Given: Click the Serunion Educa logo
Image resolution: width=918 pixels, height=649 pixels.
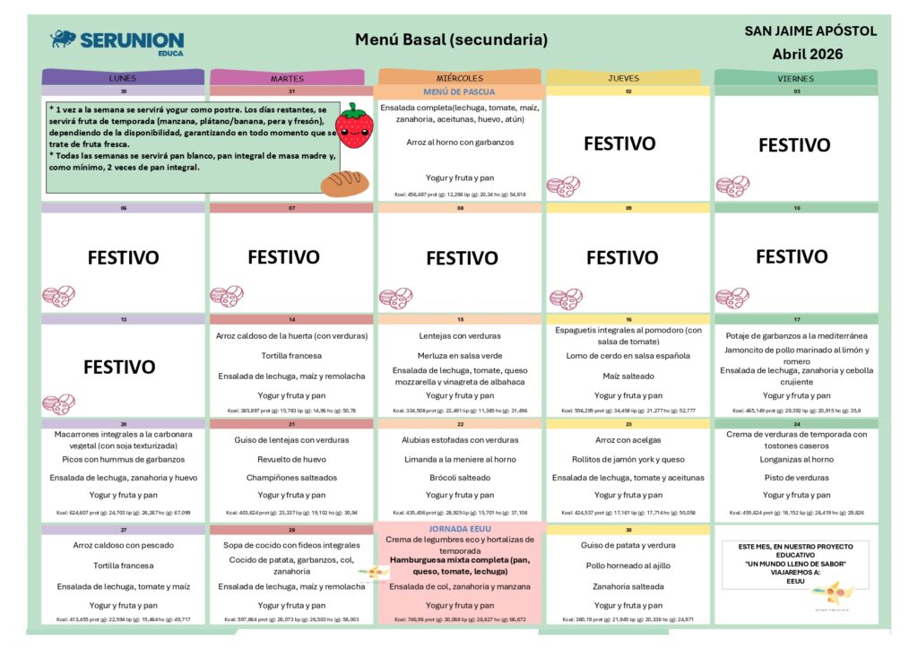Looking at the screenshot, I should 117,41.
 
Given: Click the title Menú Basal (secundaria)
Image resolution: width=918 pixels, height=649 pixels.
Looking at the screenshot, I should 451,39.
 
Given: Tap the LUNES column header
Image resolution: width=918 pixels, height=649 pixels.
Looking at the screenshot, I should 123,78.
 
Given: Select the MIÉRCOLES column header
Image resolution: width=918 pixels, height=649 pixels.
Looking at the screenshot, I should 459,78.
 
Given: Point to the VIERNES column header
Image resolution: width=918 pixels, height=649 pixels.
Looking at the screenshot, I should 795,78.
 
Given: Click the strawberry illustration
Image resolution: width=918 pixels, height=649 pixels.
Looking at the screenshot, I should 356,125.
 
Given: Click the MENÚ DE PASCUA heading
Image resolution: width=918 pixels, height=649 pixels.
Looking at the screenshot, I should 459,91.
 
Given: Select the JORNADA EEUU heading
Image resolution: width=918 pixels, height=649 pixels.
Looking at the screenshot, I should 459,529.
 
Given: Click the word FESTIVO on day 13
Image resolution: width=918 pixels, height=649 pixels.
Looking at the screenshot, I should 121,367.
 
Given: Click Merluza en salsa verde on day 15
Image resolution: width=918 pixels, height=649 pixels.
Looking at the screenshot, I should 459,356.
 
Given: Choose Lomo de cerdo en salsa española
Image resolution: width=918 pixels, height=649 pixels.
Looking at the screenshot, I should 628,356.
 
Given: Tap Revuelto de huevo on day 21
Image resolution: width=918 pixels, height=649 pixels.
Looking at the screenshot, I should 291,459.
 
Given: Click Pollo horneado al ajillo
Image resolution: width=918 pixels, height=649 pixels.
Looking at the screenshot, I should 628,566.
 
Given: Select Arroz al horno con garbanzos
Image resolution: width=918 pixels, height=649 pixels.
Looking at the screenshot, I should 459,142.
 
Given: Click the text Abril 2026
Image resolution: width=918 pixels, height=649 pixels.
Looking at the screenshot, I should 808,54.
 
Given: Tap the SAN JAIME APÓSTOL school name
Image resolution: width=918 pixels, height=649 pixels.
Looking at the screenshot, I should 810,31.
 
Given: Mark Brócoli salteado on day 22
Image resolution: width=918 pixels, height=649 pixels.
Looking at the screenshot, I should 459,478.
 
